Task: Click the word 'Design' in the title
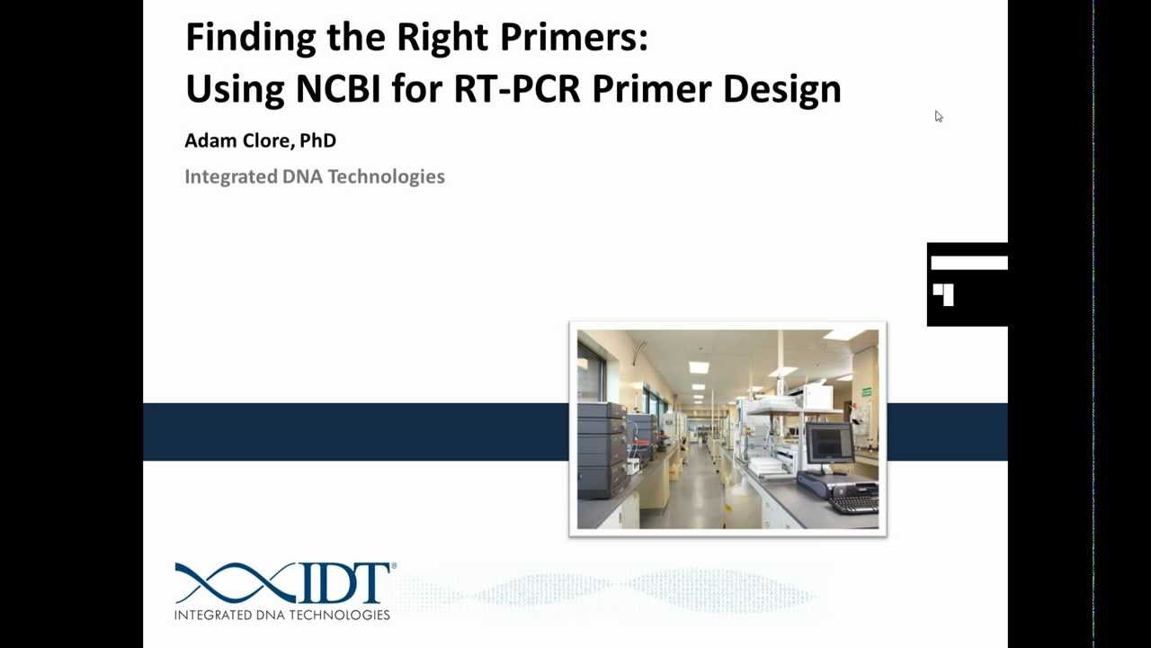pos(781,88)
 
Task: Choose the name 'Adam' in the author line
pos(209,140)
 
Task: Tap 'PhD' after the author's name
pos(318,140)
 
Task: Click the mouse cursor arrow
pos(938,116)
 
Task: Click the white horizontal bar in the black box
pos(968,263)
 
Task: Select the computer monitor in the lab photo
pos(829,443)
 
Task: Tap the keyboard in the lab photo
pos(854,500)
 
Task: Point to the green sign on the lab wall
pos(866,392)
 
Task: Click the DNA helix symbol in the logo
pos(236,583)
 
